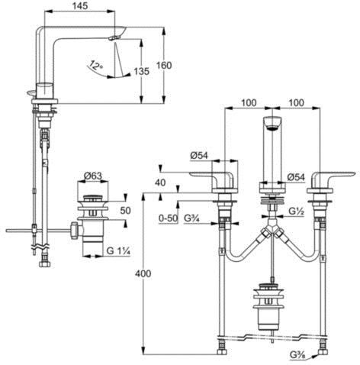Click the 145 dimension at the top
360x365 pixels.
pyautogui.click(x=80, y=6)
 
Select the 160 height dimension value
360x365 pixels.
pyautogui.click(x=164, y=66)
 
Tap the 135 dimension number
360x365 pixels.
pyautogui.click(x=142, y=72)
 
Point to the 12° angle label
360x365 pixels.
pyautogui.click(x=96, y=66)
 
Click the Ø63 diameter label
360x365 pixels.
pyautogui.click(x=93, y=176)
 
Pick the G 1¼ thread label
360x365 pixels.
pyautogui.click(x=118, y=251)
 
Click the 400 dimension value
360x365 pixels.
pyautogui.click(x=143, y=273)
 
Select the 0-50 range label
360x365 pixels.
pyautogui.click(x=168, y=218)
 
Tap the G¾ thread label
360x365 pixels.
pyautogui.click(x=191, y=218)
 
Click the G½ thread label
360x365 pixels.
pyautogui.click(x=297, y=211)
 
